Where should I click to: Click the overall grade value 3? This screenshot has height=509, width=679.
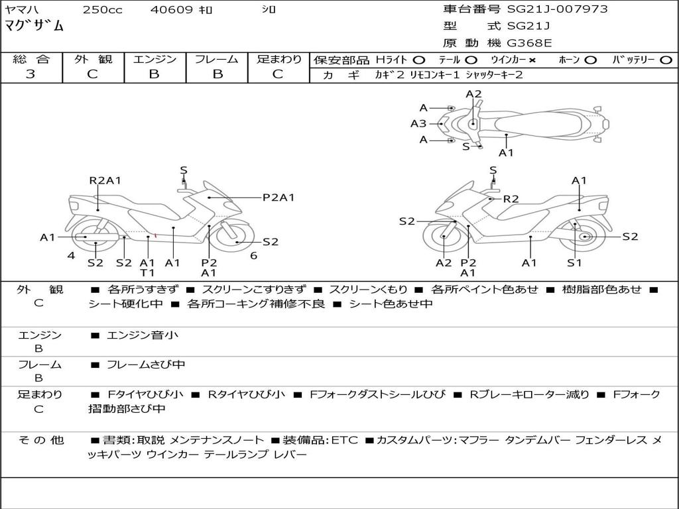(x=31, y=74)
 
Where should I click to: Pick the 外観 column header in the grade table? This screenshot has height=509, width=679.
(x=93, y=60)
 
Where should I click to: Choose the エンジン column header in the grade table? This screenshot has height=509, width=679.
(x=154, y=60)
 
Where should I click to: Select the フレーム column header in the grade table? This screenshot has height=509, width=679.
(x=217, y=60)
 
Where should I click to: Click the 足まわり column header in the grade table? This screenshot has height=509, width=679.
(x=279, y=60)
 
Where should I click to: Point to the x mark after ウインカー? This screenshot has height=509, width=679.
(x=532, y=60)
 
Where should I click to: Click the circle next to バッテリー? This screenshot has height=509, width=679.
(x=666, y=60)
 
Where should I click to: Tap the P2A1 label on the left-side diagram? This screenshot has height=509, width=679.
(x=278, y=197)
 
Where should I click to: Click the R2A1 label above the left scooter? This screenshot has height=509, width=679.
(x=105, y=180)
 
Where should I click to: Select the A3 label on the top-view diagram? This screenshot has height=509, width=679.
(x=418, y=123)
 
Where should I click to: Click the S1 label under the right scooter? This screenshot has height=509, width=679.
(x=574, y=263)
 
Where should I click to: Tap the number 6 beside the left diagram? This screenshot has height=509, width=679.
(x=253, y=255)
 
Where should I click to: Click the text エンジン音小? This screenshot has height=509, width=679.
(x=143, y=335)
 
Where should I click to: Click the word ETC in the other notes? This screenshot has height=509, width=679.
(x=345, y=440)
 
